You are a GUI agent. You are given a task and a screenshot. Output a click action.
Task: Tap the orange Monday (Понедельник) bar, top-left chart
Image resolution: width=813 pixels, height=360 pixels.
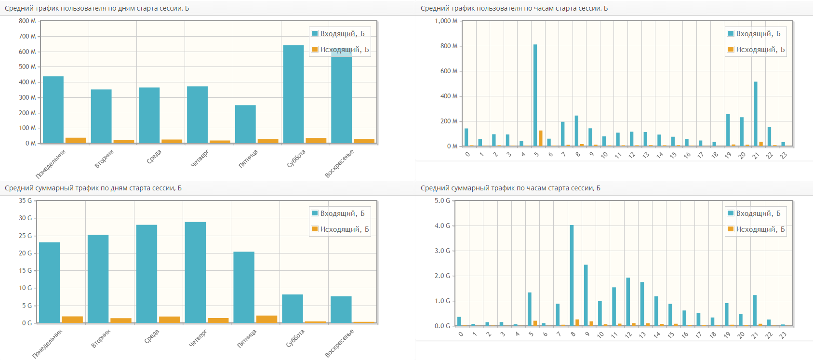coord(76,141)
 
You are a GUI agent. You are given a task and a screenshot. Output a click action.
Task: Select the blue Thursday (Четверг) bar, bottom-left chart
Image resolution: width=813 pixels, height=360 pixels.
coord(195,272)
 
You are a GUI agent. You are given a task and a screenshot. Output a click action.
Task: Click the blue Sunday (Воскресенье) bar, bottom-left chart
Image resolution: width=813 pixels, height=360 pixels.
coord(341,309)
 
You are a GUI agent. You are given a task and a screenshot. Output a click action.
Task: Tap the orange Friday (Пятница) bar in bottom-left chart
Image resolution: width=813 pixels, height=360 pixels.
coord(267,319)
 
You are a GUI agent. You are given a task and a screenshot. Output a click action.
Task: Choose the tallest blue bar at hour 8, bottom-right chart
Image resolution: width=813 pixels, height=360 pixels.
coord(572,275)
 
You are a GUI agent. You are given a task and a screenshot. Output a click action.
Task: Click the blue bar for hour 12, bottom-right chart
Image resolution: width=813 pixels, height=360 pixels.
coord(628,302)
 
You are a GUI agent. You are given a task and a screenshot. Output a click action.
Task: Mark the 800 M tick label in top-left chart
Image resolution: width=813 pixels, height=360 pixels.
coord(27,21)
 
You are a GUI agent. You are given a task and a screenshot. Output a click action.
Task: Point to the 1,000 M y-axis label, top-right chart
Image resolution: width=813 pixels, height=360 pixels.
coord(446,21)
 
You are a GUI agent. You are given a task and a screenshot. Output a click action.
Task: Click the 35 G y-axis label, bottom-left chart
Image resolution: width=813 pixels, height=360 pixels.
coord(26,201)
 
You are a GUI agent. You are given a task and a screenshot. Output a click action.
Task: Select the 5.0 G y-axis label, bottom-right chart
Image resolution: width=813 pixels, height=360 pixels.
coord(442,201)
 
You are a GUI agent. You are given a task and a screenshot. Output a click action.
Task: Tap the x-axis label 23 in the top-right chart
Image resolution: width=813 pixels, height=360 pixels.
coord(784,155)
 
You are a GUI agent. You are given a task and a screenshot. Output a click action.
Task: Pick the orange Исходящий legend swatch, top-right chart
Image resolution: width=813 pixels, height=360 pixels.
coord(731,49)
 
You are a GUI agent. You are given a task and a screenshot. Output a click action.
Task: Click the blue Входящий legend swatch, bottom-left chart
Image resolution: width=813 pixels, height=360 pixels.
coord(315,213)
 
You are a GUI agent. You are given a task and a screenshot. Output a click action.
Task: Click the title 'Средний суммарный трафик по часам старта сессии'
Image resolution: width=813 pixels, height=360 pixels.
coord(510,188)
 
